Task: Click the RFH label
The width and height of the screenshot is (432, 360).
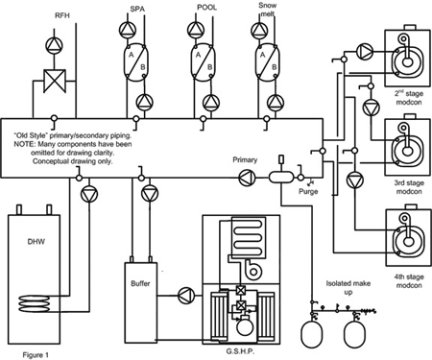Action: point(62,15)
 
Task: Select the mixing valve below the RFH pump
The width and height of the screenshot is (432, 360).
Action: point(55,81)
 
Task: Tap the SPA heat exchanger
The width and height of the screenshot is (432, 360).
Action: point(135,61)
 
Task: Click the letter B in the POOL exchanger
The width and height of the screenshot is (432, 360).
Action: point(209,67)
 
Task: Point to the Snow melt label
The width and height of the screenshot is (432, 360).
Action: point(268,10)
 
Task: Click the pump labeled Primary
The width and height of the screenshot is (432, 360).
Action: point(248,178)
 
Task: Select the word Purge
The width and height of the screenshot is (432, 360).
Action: point(308,192)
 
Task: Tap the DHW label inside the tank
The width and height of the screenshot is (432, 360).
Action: point(36,242)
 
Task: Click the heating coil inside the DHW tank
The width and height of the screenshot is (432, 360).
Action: point(35,303)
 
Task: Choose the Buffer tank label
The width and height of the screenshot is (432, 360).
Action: point(140,283)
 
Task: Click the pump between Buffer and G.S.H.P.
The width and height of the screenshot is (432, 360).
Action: point(186,296)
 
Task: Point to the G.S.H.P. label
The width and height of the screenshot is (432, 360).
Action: point(240,351)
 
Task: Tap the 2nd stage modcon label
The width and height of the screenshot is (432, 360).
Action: point(409,98)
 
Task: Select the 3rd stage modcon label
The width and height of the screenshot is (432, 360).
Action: point(409,187)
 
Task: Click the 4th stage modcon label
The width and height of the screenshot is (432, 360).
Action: point(409,280)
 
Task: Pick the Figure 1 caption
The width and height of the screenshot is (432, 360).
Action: point(36,355)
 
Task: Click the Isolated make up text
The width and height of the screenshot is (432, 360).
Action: point(348,287)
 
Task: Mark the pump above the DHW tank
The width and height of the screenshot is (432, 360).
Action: point(89,194)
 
